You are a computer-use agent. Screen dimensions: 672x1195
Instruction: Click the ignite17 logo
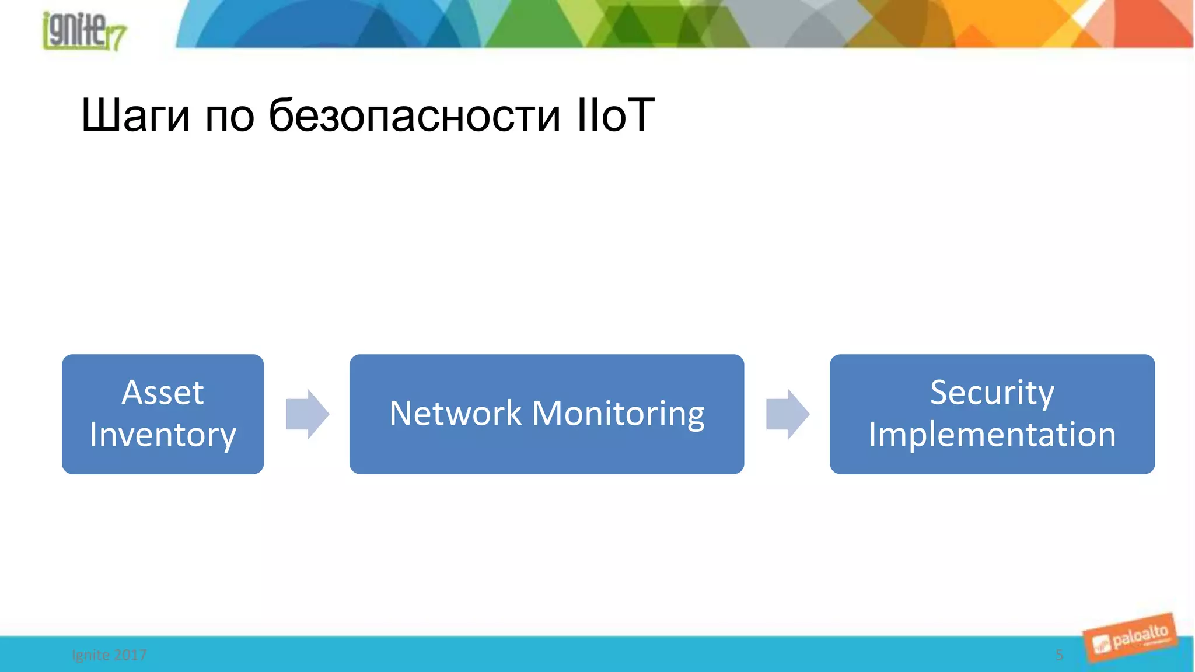[84, 30]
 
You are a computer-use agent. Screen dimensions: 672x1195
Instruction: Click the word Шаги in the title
[135, 115]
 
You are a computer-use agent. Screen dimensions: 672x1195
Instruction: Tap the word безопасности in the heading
[414, 115]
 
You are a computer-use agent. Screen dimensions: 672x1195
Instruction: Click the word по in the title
[229, 115]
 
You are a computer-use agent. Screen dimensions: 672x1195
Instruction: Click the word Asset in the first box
[163, 392]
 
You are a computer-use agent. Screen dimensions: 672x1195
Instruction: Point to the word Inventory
[163, 435]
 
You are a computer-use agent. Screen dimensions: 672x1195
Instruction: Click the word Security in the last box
[992, 392]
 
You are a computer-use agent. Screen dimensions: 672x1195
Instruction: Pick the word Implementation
[992, 435]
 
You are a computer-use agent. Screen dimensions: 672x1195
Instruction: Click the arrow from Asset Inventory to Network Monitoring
[308, 414]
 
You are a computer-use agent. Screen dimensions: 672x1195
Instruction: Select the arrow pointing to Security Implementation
[788, 414]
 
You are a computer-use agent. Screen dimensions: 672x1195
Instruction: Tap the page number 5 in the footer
[1059, 655]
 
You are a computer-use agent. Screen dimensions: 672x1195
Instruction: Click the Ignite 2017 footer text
[109, 655]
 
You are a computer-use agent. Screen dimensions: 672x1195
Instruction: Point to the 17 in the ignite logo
[116, 38]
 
